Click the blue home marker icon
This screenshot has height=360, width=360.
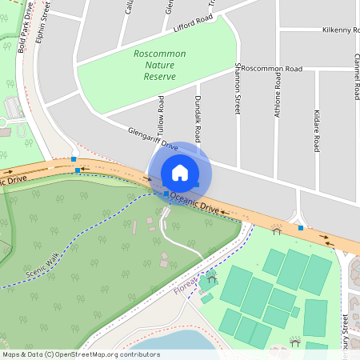[180, 172]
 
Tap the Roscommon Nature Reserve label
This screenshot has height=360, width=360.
[159, 66]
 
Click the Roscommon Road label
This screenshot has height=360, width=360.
[272, 69]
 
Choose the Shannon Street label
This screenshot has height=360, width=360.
[238, 89]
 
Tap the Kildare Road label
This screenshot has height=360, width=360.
[317, 131]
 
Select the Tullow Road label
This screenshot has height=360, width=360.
[161, 115]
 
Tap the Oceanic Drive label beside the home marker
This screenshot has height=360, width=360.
[194, 201]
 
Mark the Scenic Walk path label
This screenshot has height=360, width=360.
[42, 265]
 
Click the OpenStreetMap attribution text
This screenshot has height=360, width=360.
[81, 354]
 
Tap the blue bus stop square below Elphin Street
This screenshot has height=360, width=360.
[74, 159]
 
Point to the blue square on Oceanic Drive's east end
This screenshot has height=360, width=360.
[301, 228]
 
